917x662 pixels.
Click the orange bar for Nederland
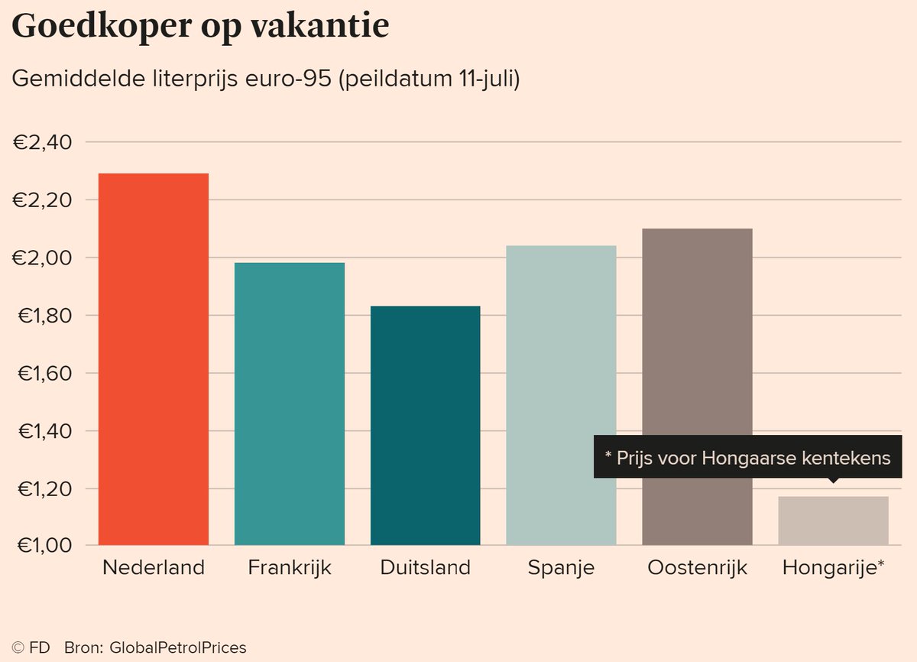154,359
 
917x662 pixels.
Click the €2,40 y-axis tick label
44,142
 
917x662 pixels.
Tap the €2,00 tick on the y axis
44,258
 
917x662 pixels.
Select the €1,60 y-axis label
44,373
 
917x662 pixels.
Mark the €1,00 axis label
44,546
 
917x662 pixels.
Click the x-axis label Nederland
154,568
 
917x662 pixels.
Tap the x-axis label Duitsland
426,568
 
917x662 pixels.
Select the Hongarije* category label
834,568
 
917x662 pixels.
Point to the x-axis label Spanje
561,568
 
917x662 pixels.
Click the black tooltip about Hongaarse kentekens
747,458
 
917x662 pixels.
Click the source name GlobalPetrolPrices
179,647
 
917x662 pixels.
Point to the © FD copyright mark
31,647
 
